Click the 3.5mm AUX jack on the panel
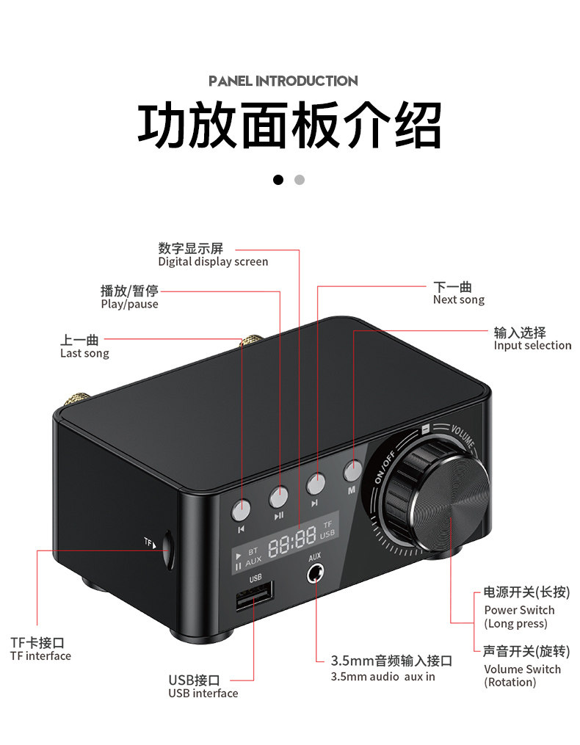(316, 573)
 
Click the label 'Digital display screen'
(213, 262)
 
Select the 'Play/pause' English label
(129, 305)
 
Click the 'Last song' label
(84, 354)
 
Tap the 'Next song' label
(458, 300)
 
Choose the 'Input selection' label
(532, 346)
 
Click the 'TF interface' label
(40, 656)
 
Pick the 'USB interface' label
(203, 694)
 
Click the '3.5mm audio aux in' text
(383, 677)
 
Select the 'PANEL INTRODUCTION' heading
(283, 81)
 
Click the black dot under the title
(278, 179)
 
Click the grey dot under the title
(299, 179)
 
